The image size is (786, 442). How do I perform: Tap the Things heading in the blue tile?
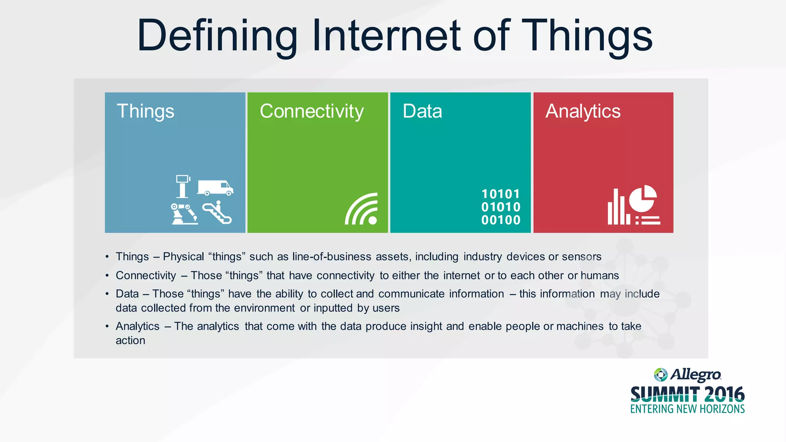pos(145,112)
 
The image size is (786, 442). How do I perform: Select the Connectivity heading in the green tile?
pos(312,112)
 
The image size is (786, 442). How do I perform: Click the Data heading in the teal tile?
pos(422,112)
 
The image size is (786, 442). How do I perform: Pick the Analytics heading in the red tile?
pos(583,112)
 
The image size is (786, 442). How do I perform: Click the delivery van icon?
pos(215,187)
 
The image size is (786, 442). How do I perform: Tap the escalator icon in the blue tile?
pos(217,213)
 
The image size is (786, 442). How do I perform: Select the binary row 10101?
pos(501,194)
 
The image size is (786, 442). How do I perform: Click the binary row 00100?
pos(501,220)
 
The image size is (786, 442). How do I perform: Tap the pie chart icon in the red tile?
pos(643,198)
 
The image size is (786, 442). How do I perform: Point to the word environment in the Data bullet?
pos(264,308)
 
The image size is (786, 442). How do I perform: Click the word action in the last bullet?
pos(130,341)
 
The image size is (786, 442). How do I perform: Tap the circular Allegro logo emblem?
pos(661,374)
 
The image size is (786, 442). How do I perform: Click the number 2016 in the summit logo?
pos(724,395)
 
